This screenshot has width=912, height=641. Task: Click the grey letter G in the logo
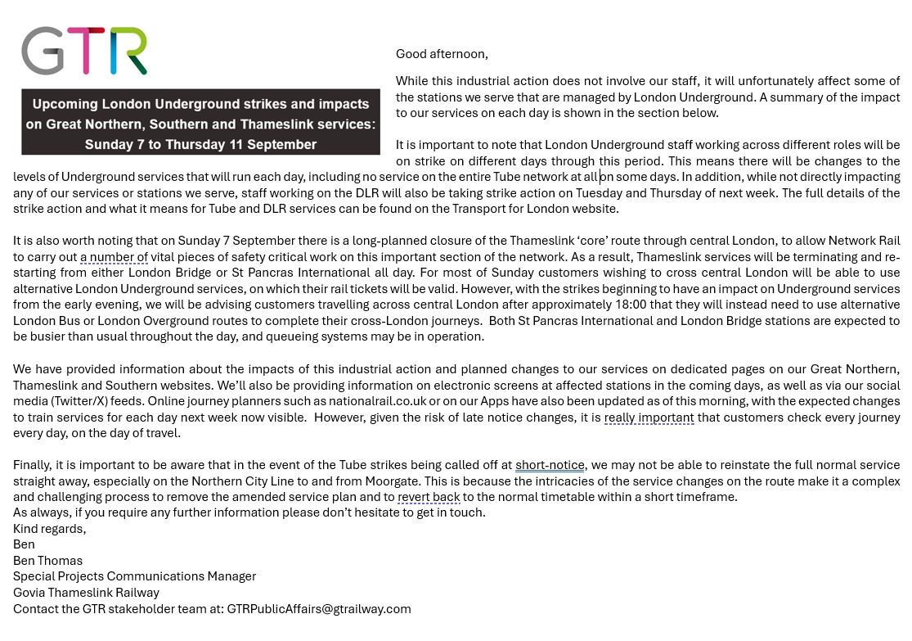[42, 51]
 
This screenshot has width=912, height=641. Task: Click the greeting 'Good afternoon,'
[442, 54]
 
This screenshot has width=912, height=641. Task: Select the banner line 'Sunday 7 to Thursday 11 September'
[200, 145]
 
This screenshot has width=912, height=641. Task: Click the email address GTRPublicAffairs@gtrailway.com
[319, 609]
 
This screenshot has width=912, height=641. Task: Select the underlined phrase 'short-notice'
[550, 465]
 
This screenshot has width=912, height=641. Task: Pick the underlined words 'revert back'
[429, 497]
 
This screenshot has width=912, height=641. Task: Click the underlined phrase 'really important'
[649, 418]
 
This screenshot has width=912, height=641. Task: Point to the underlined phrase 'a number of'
[114, 257]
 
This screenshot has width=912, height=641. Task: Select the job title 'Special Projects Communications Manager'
[134, 576]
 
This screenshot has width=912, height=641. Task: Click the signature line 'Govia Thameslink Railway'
[86, 593]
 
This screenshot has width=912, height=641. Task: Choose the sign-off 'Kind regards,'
[49, 529]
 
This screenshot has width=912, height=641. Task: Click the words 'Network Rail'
[864, 241]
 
